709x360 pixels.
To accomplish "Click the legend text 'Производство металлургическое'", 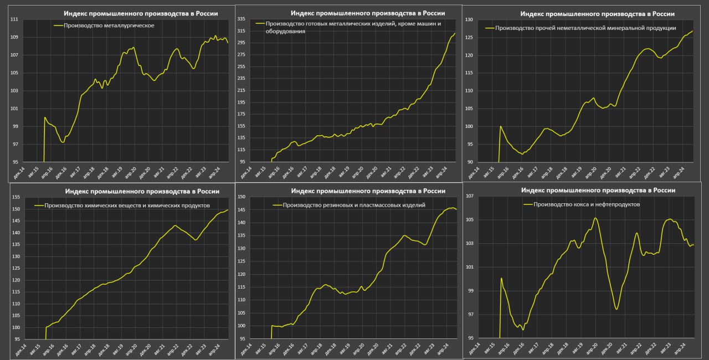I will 109,25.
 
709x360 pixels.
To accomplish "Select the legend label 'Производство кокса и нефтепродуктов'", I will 587,204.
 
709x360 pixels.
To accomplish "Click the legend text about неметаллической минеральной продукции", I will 585,28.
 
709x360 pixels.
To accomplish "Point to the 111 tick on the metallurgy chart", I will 14,19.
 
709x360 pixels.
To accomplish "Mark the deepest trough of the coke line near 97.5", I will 616,308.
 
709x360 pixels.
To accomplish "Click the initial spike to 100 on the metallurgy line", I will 44,117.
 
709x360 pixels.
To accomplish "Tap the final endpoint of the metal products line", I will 455,33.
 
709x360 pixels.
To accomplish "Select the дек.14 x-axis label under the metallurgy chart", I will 19,172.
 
